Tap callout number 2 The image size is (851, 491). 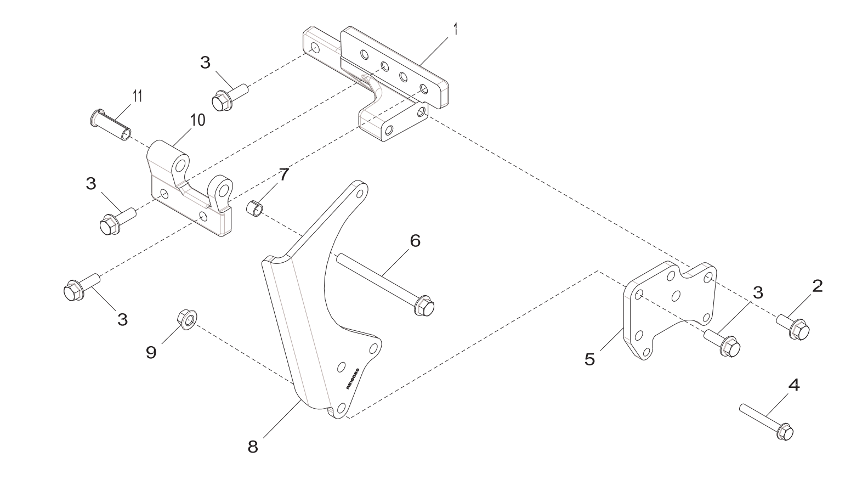(817, 286)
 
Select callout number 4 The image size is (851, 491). (793, 385)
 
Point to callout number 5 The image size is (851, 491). (589, 359)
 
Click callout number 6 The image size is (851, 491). (415, 240)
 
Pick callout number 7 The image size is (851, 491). (283, 175)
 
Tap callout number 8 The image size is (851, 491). (253, 447)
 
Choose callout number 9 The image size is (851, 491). (151, 352)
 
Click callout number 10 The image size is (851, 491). (197, 120)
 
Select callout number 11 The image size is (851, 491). (137, 96)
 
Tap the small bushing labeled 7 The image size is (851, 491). (254, 209)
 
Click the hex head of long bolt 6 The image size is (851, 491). (424, 306)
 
